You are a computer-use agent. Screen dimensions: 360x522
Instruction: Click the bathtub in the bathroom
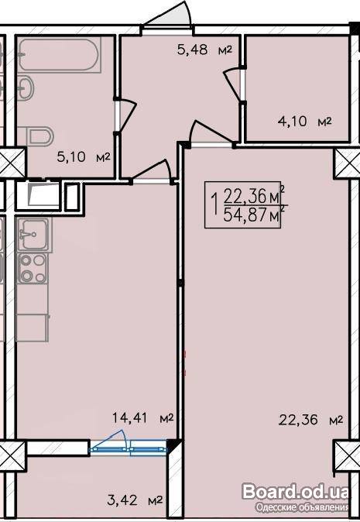(59, 55)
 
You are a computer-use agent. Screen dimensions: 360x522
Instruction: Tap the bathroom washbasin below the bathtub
(26, 88)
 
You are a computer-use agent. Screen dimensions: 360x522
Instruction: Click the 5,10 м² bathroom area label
(84, 156)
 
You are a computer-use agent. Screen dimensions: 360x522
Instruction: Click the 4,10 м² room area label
(305, 121)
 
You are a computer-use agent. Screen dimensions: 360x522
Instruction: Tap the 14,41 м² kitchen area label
(143, 417)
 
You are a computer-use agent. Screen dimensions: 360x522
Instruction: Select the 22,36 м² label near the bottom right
(310, 420)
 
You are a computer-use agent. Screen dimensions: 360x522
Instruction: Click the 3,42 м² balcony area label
(135, 500)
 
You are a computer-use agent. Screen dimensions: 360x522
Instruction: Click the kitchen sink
(33, 235)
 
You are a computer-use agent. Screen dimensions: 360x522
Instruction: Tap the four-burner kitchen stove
(33, 268)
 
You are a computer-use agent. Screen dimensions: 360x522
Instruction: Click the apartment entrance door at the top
(169, 15)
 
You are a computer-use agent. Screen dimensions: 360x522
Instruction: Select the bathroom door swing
(125, 115)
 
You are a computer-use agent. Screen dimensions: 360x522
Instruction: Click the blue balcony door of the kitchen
(128, 444)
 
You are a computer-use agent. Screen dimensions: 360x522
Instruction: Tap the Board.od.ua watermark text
(296, 493)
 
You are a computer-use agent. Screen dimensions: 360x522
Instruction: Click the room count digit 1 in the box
(214, 205)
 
